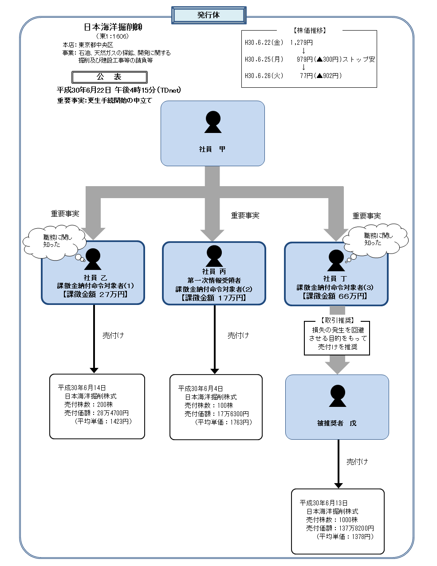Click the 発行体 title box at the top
[x=209, y=15]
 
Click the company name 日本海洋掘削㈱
[x=113, y=27]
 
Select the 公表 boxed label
[x=109, y=77]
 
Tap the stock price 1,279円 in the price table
[x=301, y=43]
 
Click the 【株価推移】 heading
[x=310, y=31]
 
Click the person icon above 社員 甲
[x=213, y=122]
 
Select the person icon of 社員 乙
[x=93, y=259]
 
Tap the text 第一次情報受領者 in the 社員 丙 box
[x=214, y=280]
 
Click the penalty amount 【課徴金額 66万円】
[x=335, y=296]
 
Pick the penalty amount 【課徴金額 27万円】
[x=95, y=294]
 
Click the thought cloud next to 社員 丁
[x=376, y=240]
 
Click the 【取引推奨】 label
[x=337, y=320]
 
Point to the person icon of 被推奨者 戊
[x=338, y=396]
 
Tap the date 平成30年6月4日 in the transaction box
[x=201, y=388]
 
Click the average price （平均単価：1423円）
[x=103, y=421]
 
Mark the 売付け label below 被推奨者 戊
[x=357, y=461]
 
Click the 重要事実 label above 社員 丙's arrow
[x=245, y=215]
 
